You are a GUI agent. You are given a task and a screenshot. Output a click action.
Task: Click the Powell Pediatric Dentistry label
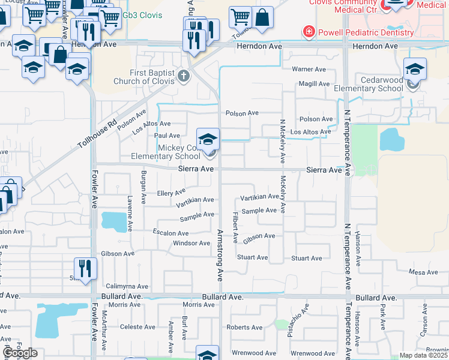click(366, 32)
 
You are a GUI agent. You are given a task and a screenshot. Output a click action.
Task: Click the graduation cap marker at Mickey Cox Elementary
click(208, 140)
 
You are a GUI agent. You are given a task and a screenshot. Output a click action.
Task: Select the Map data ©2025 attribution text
click(423, 355)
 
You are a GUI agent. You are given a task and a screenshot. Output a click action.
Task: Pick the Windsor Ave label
click(191, 243)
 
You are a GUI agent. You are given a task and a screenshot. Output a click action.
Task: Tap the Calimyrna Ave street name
click(127, 286)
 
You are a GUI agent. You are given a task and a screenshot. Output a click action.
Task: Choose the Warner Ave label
click(309, 69)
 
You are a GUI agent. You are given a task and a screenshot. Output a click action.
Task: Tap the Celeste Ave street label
click(137, 327)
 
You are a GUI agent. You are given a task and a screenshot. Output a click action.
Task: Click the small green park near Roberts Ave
click(281, 325)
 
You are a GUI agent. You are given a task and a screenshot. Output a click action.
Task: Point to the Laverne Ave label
click(130, 206)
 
